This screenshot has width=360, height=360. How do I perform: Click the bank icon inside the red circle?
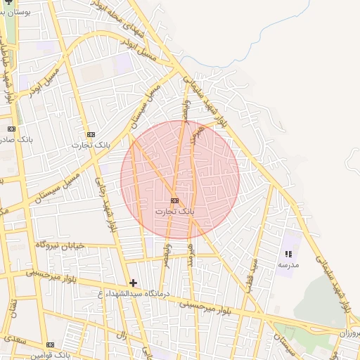coord(174,200)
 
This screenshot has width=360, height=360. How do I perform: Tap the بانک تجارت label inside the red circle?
coord(176,210)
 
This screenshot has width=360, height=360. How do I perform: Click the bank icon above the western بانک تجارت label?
coord(90,134)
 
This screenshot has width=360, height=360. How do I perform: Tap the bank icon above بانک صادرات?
coord(11,129)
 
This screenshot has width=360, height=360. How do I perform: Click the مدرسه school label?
coord(289,264)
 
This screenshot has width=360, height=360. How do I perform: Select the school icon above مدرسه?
coord(288,254)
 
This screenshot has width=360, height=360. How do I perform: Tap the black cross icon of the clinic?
coord(133,283)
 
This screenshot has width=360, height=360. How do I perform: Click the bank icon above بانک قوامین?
coord(50,345)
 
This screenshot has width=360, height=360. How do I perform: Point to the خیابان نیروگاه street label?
coord(60,245)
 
